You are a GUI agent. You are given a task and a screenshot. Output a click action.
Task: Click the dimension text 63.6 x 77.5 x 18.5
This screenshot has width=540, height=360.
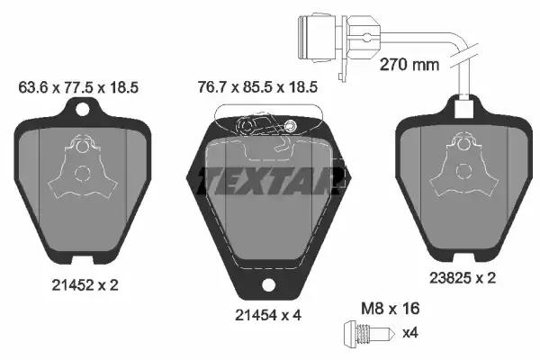click(78, 87)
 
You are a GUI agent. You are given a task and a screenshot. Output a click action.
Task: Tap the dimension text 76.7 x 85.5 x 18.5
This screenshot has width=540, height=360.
click(257, 87)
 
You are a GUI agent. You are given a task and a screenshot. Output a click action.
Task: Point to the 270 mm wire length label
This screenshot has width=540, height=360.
click(409, 65)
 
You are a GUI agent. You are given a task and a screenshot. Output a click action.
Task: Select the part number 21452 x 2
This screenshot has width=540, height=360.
click(85, 285)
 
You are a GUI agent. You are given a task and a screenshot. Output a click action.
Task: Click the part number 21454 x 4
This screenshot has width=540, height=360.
click(268, 314)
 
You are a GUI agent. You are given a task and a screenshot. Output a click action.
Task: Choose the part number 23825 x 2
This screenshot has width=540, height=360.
click(463, 278)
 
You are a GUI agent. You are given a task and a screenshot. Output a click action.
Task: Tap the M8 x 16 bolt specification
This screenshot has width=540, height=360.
click(391, 309)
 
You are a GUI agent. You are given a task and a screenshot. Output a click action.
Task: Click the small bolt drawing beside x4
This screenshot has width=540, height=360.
click(367, 333)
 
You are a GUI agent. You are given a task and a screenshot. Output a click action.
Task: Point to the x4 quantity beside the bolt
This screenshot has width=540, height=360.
click(409, 333)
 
